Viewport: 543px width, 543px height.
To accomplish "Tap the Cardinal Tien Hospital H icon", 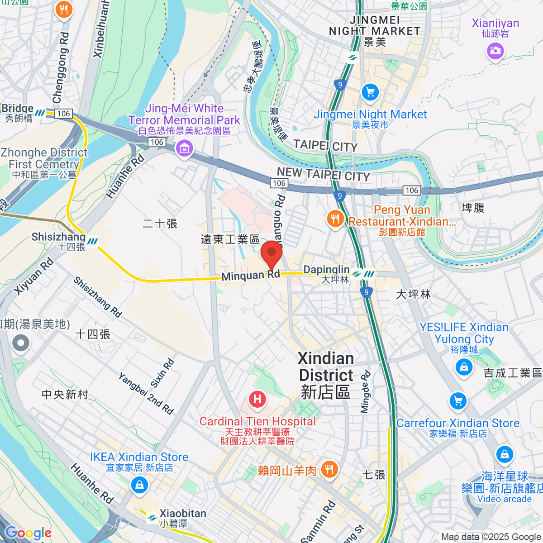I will (257, 399).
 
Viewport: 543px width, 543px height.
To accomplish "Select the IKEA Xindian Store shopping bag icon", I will (139, 486).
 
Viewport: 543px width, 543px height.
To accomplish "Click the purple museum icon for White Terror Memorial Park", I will (184, 148).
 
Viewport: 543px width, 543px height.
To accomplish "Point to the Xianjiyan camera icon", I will (495, 51).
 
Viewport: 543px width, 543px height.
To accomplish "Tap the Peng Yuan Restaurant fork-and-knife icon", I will (335, 219).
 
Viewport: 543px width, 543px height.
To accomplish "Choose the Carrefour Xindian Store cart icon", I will (458, 401).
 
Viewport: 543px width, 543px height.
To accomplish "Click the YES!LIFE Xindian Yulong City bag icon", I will (464, 367).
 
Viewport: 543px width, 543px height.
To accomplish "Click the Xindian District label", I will (326, 375).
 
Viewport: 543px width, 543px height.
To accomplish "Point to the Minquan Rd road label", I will (250, 276).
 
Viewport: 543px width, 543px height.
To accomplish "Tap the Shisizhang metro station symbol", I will (93, 242).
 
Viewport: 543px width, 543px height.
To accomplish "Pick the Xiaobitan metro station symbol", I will (152, 518).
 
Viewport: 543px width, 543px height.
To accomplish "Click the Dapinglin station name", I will (326, 270).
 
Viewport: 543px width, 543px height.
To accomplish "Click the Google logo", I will (28, 533).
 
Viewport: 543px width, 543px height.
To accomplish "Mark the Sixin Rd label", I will (162, 373).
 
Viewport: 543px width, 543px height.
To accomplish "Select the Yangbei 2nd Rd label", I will (146, 394).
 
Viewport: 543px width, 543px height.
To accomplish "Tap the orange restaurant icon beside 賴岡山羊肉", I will (329, 470).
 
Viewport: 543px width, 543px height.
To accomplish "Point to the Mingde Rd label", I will (366, 392).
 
